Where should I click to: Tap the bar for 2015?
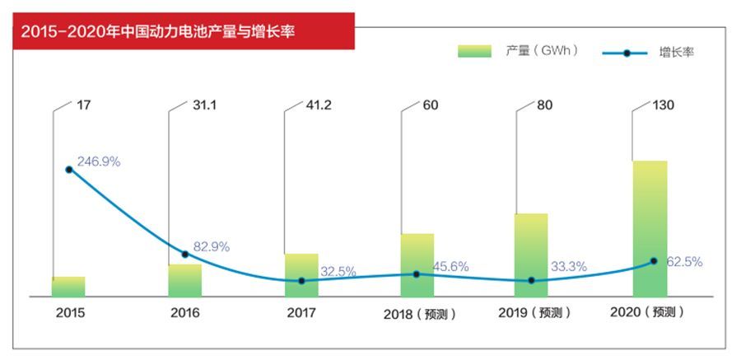(68, 287)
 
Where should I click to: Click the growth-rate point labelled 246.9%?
(69, 170)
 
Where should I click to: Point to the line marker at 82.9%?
(185, 254)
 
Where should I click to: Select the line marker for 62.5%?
(654, 261)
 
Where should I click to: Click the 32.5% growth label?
(338, 271)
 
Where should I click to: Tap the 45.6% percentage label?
(451, 266)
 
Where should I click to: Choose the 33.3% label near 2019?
(568, 266)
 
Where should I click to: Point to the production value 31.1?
(203, 105)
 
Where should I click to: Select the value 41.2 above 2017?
(319, 105)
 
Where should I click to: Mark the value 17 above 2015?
(84, 105)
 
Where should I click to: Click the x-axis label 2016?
(185, 313)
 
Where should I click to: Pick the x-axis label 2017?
(301, 313)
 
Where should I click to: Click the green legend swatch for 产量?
(474, 52)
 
